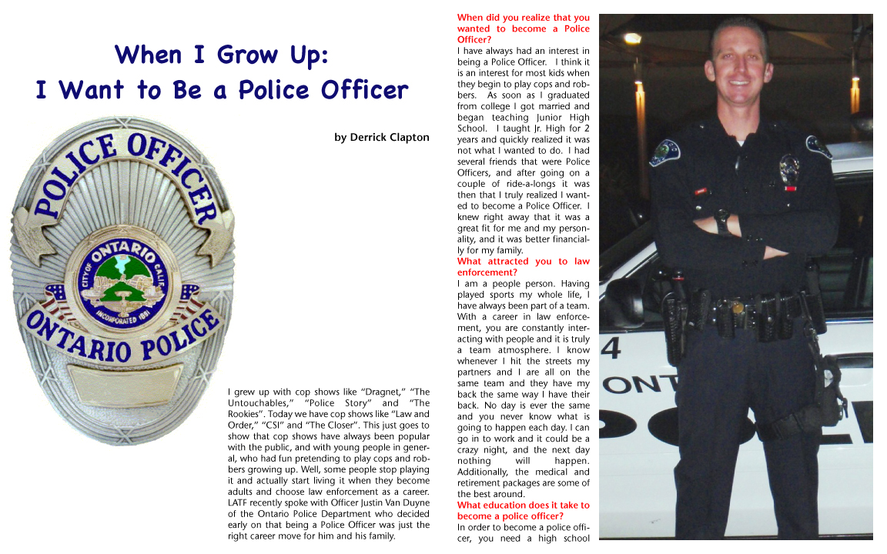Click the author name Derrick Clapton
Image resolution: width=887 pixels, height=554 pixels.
coord(381,138)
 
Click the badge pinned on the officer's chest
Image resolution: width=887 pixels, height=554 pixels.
coord(788,170)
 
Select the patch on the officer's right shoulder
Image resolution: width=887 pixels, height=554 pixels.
coord(664,152)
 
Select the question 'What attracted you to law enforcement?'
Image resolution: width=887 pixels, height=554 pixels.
coord(523,266)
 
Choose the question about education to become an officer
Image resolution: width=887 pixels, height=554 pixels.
coord(523,510)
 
